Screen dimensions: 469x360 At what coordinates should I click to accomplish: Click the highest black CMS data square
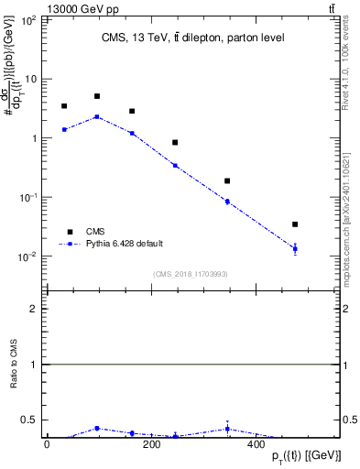97,96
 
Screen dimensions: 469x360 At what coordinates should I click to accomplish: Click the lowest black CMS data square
295,224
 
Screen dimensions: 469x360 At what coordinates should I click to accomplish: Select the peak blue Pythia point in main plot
97,116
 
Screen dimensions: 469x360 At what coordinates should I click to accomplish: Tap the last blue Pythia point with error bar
295,248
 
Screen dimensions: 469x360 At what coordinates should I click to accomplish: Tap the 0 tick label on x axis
47,445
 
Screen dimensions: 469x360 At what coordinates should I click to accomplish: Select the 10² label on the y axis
28,19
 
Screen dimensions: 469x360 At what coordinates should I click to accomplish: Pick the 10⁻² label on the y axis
28,256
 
